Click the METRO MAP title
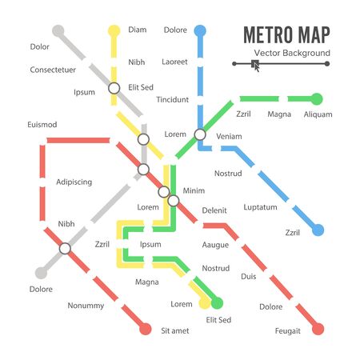286,36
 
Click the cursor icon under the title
255,65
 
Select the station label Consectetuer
57,70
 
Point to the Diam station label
137,31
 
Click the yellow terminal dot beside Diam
114,30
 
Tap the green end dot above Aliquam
317,99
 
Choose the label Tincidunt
173,100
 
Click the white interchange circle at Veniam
200,135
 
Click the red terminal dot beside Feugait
318,329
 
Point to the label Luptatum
261,206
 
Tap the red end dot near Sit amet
145,329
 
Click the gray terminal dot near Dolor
58,31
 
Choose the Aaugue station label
215,244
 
